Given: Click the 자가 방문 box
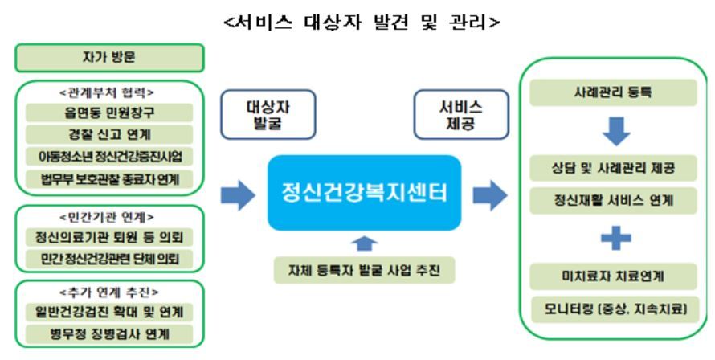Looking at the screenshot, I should tap(109, 57).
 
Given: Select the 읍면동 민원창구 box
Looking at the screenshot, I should tap(109, 112).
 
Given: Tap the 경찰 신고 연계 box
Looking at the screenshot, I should tap(109, 133).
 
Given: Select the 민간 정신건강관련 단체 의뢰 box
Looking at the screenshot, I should tap(109, 259).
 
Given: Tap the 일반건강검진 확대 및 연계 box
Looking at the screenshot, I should tap(109, 311).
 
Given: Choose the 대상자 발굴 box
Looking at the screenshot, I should tap(268, 114).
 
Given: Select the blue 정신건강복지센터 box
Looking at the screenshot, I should tap(364, 193).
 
